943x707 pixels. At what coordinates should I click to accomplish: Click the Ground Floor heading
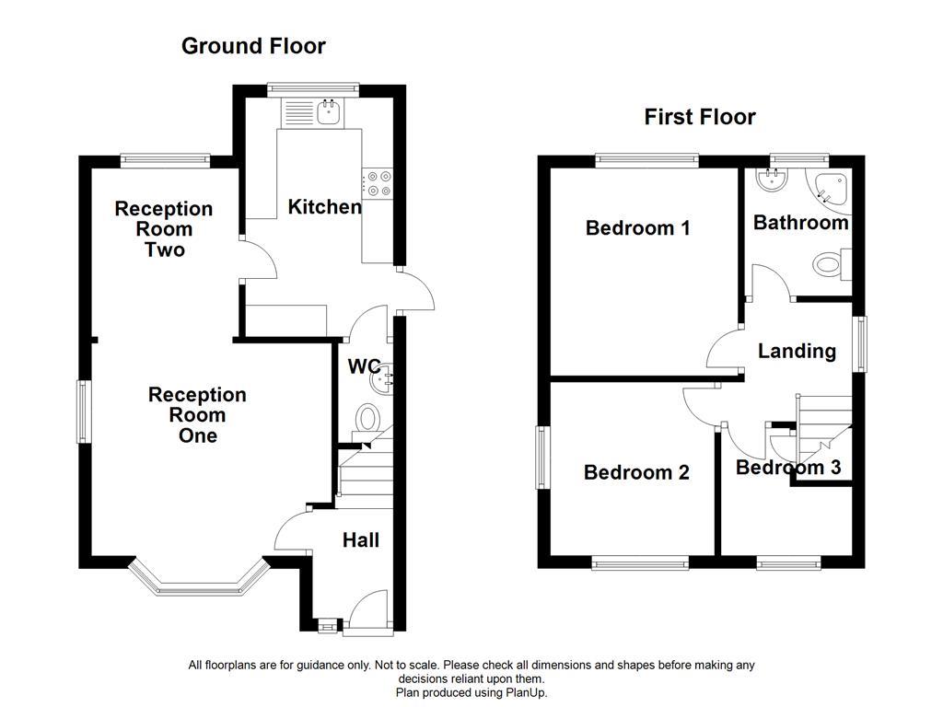click(x=253, y=46)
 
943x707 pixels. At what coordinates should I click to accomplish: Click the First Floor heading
click(x=700, y=117)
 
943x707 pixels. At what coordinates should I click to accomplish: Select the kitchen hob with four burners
click(x=377, y=183)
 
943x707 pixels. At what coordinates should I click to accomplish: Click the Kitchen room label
click(x=324, y=207)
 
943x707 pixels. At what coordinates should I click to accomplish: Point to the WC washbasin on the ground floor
click(x=384, y=377)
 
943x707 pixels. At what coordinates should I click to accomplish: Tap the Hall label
click(x=360, y=540)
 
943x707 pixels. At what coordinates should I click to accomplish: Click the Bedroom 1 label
click(x=637, y=227)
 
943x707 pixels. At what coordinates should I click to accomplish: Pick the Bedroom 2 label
click(x=636, y=472)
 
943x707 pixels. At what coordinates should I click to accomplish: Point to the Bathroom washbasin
click(x=768, y=180)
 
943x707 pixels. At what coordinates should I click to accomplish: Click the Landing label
click(x=797, y=351)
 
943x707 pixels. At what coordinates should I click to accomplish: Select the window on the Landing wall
click(x=859, y=343)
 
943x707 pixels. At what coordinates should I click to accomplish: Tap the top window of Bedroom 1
click(x=646, y=160)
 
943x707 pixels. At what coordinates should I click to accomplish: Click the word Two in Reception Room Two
click(x=165, y=249)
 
